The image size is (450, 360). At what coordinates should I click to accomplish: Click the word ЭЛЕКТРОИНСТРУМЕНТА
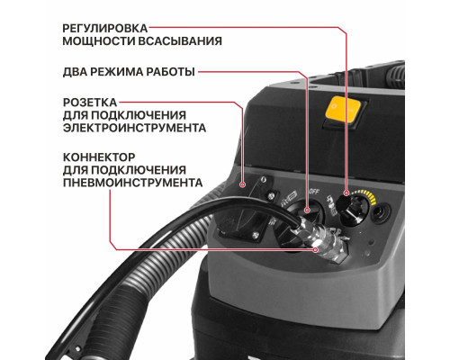point(134,128)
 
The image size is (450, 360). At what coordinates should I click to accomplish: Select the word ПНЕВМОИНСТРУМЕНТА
point(131,184)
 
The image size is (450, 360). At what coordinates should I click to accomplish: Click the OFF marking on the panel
point(315,190)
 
